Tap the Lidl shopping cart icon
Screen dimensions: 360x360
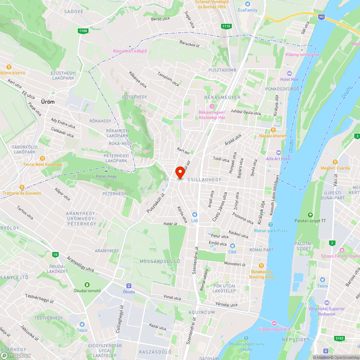[195, 215]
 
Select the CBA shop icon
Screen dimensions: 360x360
[233, 246]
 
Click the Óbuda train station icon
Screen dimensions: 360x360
[129, 285]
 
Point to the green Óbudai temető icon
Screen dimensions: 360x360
[87, 285]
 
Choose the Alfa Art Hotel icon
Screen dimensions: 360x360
[278, 153]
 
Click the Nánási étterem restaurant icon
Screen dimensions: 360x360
[273, 130]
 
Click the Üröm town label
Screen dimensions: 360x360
[48, 102]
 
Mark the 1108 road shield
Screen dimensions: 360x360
[83, 31]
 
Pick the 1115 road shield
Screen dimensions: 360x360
[226, 26]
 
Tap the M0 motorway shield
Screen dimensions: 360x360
[321, 17]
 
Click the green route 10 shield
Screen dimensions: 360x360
[55, 255]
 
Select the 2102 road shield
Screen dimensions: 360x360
[339, 338]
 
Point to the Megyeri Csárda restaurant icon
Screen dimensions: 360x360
[335, 162]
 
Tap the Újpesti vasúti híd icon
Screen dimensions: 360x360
[274, 323]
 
